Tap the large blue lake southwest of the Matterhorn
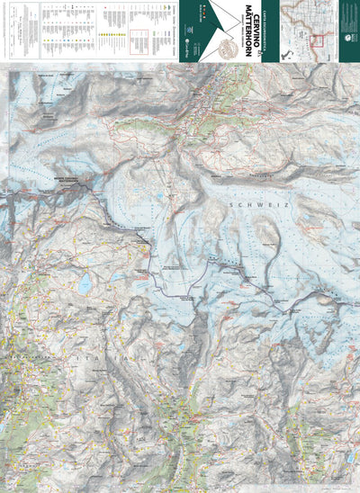pos(85,284)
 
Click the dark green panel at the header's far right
pos(349,31)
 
